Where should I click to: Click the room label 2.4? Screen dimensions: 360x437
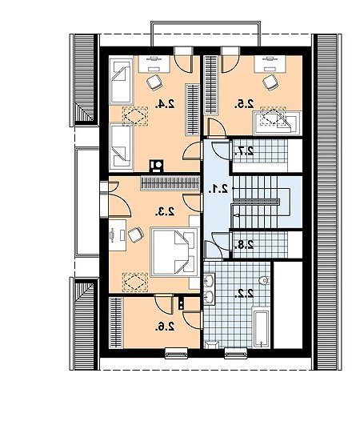(x=166, y=104)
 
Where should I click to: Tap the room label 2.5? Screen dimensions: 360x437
(x=244, y=104)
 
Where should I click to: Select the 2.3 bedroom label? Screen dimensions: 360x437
(x=166, y=212)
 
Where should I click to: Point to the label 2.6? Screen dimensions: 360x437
(x=166, y=326)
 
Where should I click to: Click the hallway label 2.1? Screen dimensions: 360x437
(x=218, y=190)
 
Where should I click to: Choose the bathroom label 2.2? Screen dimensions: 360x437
(x=244, y=294)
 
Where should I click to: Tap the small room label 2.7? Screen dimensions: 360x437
(x=244, y=150)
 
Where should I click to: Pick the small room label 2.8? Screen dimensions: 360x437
(x=244, y=245)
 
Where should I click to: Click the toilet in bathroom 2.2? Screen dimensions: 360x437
(x=264, y=281)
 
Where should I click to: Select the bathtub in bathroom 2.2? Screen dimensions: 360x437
(x=261, y=327)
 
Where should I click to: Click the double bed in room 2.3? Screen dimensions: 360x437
(x=174, y=252)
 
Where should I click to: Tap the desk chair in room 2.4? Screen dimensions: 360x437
(x=154, y=82)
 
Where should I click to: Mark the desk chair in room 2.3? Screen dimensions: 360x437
(x=136, y=235)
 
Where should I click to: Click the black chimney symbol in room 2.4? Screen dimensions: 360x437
(x=157, y=166)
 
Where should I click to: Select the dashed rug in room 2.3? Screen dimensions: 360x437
(x=135, y=283)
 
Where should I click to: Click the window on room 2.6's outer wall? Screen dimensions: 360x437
(x=177, y=353)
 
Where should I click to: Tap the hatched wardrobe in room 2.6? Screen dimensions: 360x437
(x=116, y=323)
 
